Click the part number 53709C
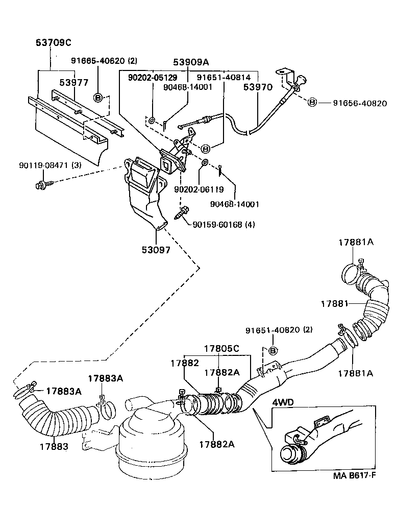pos(53,43)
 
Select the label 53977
pos(73,82)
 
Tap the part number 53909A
pos(191,62)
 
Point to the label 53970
pos(258,87)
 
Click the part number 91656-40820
pos(360,103)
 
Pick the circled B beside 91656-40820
pos(312,103)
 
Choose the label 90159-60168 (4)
pos(224,225)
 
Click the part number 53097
pos(156,250)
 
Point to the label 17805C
pos(221,349)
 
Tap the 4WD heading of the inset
pos(283,402)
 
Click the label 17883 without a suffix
pos(54,446)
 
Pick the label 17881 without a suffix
pos(334,303)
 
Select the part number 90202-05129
pos(153,78)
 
